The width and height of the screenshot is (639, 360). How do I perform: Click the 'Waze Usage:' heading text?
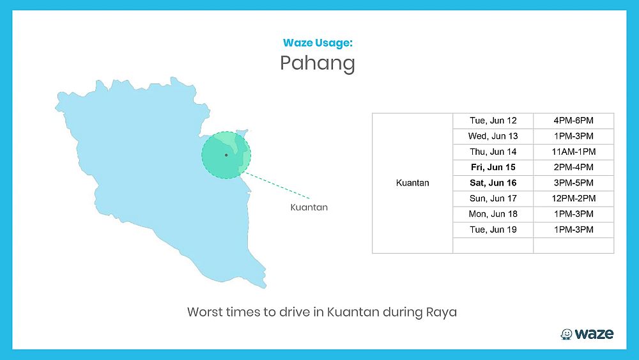318,43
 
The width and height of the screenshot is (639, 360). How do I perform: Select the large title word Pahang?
318,63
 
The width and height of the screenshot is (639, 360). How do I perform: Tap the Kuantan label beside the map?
309,207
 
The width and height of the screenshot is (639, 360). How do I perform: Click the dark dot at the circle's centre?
226,155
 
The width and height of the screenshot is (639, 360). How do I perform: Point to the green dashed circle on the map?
226,131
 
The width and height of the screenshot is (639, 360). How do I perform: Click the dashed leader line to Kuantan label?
277,185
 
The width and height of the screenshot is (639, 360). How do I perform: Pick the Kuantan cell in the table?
412,183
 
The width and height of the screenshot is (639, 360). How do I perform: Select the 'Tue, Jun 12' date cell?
493,121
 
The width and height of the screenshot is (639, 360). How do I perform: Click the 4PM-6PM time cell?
573,121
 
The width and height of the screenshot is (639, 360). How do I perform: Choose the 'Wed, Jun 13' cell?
493,136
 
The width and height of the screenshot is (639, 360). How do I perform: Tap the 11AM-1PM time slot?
573,152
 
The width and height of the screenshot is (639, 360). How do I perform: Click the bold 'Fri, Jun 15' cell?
493,167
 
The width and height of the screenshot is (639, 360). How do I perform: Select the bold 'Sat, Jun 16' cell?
493,183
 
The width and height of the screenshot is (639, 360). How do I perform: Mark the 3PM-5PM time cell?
573,183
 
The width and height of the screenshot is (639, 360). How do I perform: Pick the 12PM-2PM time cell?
573,199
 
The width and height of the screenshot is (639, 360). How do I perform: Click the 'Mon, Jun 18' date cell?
493,214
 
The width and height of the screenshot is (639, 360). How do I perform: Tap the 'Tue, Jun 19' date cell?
493,230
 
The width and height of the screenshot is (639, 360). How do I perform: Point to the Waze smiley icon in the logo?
566,334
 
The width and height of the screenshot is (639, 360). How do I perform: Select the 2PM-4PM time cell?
573,167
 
